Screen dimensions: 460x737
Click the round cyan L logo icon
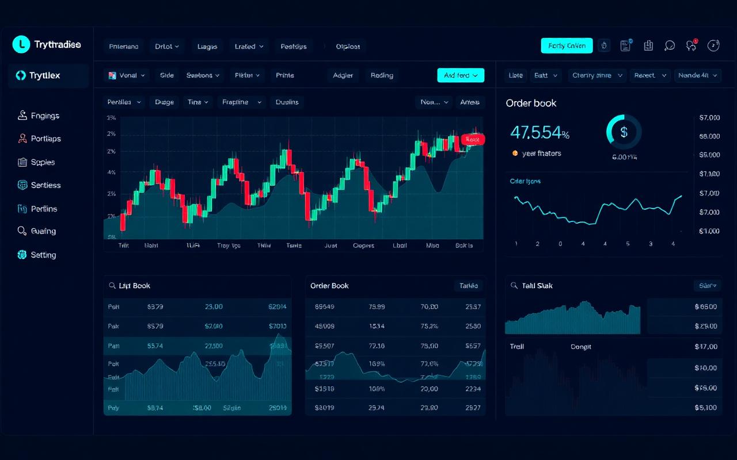tap(21, 44)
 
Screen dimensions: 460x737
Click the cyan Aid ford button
tap(461, 75)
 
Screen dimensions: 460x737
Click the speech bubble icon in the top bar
tap(670, 46)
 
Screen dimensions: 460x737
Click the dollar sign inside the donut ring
tap(624, 132)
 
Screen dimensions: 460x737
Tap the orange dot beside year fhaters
tap(515, 154)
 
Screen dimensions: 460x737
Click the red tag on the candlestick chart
tap(473, 139)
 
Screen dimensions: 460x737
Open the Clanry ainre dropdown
tap(598, 75)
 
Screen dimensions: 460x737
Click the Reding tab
tap(382, 75)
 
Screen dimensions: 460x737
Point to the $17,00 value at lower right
tap(706, 347)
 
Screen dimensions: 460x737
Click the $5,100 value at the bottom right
tap(706, 408)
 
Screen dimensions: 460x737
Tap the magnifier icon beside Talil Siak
tap(514, 285)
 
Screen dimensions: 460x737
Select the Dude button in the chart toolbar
tap(164, 102)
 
